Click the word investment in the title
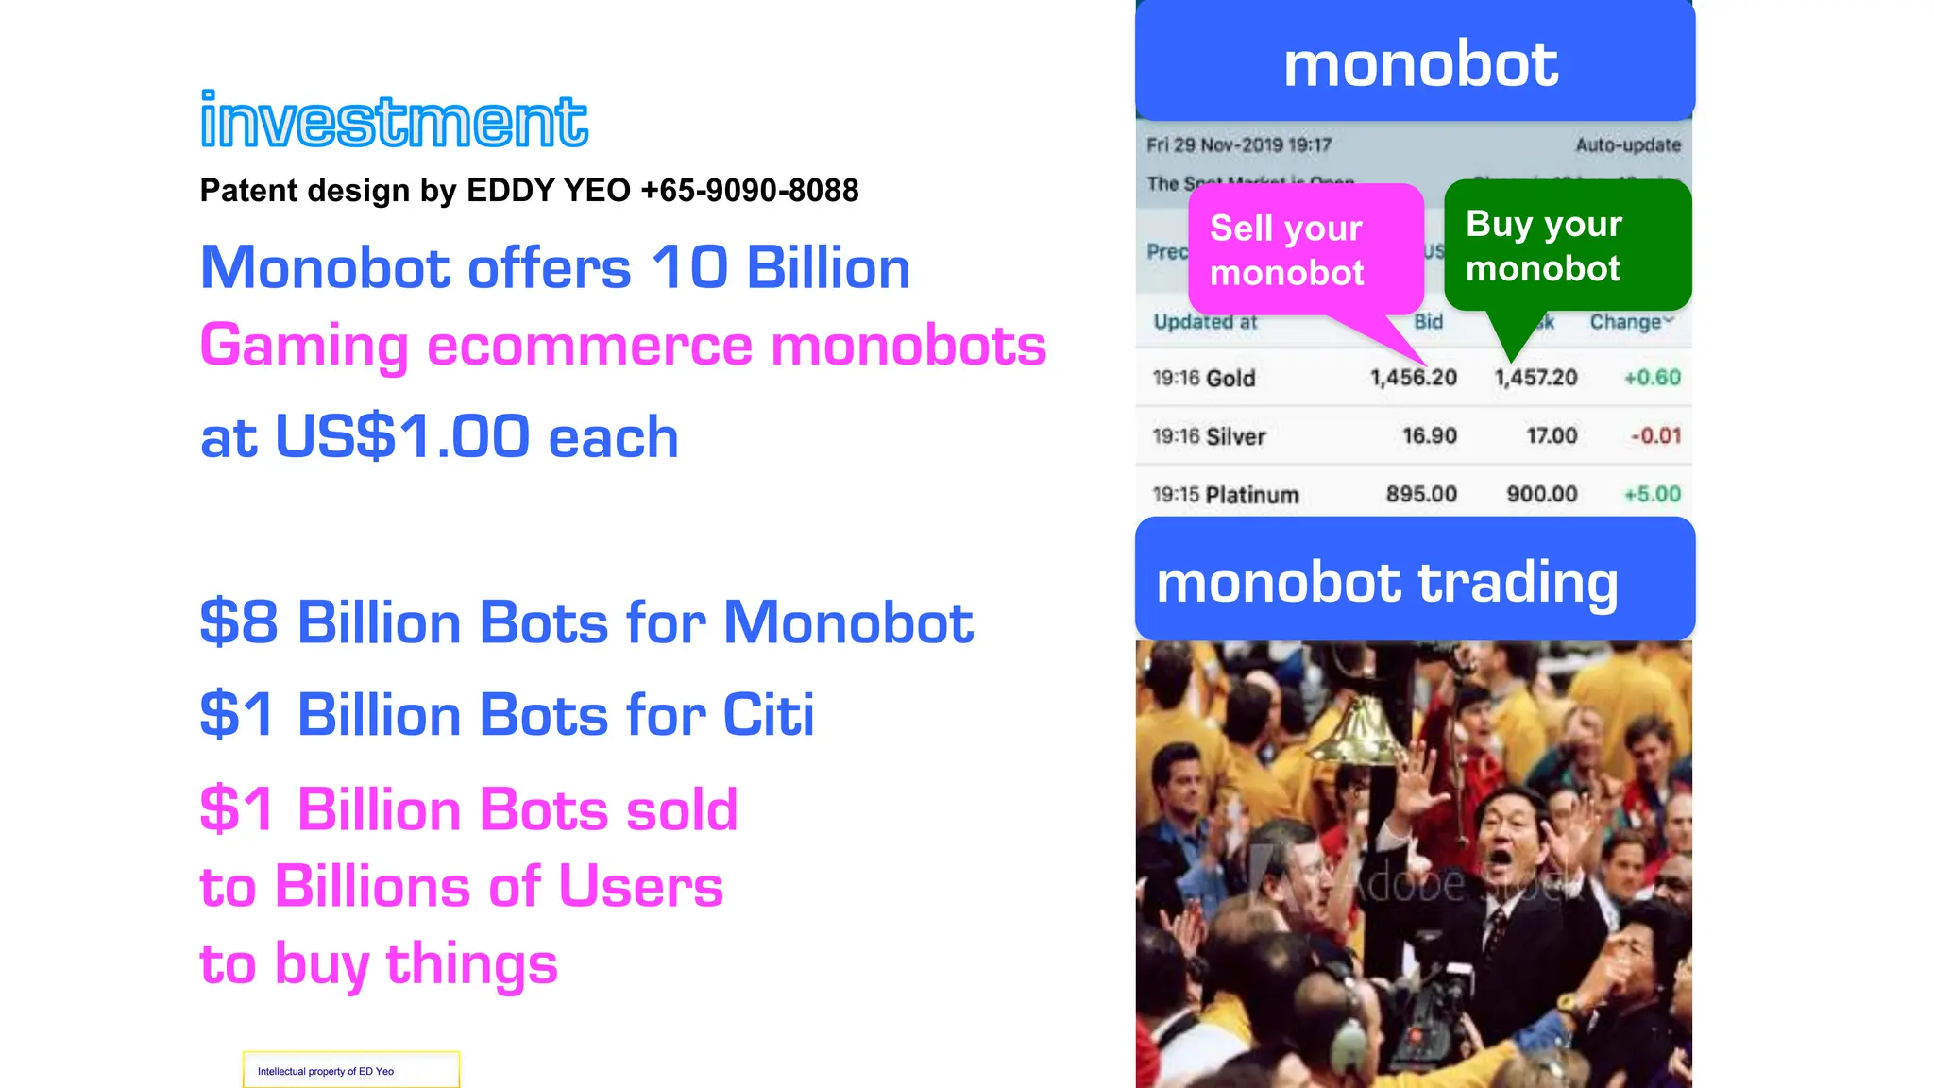(x=394, y=121)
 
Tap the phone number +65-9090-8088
(x=749, y=191)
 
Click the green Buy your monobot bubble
(x=1566, y=246)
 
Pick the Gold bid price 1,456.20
(x=1413, y=378)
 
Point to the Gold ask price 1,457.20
(x=1535, y=378)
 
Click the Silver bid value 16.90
(x=1429, y=436)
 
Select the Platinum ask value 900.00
(x=1541, y=494)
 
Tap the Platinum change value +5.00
(x=1652, y=494)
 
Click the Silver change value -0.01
(x=1655, y=436)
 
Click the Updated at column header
(x=1205, y=322)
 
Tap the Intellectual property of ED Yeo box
(x=350, y=1070)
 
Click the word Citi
(x=768, y=714)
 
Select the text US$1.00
(x=402, y=436)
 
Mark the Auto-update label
(x=1628, y=145)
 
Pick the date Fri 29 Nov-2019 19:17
(x=1239, y=145)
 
